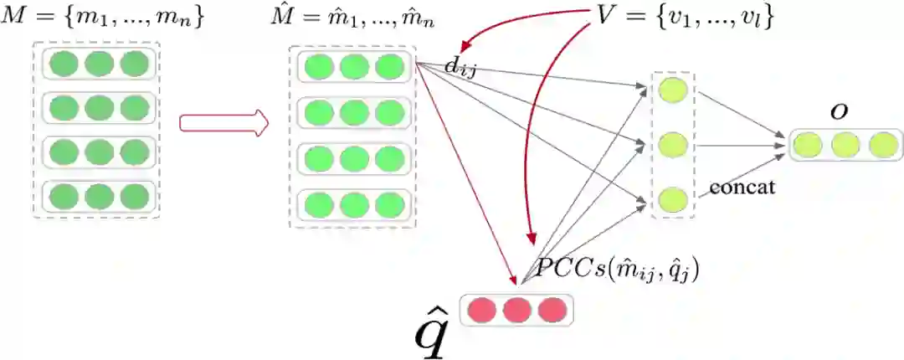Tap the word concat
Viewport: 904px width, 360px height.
point(742,187)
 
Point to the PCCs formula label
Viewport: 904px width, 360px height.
point(618,269)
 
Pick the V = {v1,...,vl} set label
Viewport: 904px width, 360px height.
point(683,17)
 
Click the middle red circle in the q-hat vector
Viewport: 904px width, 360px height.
point(517,310)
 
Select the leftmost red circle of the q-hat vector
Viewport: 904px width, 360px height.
point(483,310)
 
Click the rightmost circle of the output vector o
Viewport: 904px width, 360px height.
point(882,146)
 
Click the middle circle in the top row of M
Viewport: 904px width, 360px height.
point(99,65)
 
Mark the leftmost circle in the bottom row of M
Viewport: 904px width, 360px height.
point(64,197)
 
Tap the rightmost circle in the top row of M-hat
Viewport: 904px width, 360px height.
point(389,67)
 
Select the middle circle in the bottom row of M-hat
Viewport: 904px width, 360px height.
point(354,203)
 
